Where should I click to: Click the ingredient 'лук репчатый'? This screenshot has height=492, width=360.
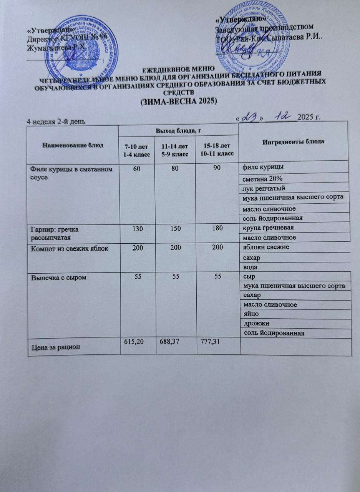(x=262, y=188)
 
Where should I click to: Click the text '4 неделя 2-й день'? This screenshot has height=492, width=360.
(x=56, y=122)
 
